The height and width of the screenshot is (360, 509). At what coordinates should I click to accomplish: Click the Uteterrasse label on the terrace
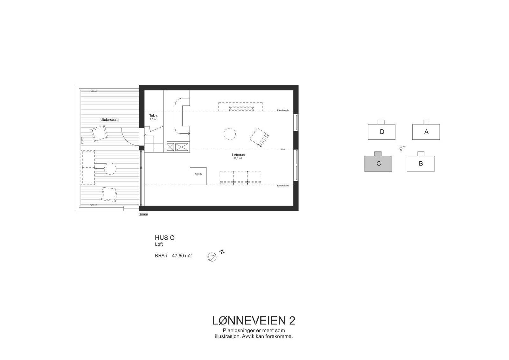[109, 119]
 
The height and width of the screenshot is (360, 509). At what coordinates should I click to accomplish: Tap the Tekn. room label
[153, 116]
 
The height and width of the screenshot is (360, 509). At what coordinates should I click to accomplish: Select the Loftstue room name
[238, 155]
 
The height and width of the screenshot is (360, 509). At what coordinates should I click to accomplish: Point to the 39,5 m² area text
[238, 158]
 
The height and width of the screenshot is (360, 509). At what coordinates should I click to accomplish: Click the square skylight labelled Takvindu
[199, 176]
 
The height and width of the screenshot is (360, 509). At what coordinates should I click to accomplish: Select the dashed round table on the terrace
[110, 168]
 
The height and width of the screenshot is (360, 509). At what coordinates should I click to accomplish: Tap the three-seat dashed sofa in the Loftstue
[241, 177]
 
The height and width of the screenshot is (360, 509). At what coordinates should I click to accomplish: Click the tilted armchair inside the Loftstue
[259, 137]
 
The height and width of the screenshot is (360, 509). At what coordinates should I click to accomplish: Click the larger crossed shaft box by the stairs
[182, 147]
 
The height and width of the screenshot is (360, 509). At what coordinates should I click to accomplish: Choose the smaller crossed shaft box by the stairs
[171, 147]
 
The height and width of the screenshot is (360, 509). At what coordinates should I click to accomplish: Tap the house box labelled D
[381, 131]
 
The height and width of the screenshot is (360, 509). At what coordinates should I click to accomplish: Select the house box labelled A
[426, 131]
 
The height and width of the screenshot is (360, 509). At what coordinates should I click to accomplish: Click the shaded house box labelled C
[378, 164]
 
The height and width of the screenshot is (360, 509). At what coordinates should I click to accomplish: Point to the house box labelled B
[421, 164]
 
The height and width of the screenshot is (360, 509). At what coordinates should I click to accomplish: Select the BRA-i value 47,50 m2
[182, 255]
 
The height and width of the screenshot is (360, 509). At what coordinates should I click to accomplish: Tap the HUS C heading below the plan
[164, 238]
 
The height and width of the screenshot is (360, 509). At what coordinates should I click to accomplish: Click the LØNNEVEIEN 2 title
[254, 321]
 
